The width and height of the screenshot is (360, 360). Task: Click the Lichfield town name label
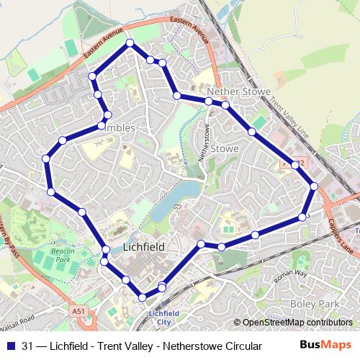click(x=144, y=246)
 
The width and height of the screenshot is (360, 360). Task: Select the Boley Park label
click(x=312, y=305)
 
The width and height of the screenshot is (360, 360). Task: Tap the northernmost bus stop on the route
click(x=130, y=44)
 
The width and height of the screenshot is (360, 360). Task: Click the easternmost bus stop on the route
click(x=314, y=187)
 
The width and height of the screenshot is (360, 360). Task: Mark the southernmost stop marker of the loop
click(x=143, y=296)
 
